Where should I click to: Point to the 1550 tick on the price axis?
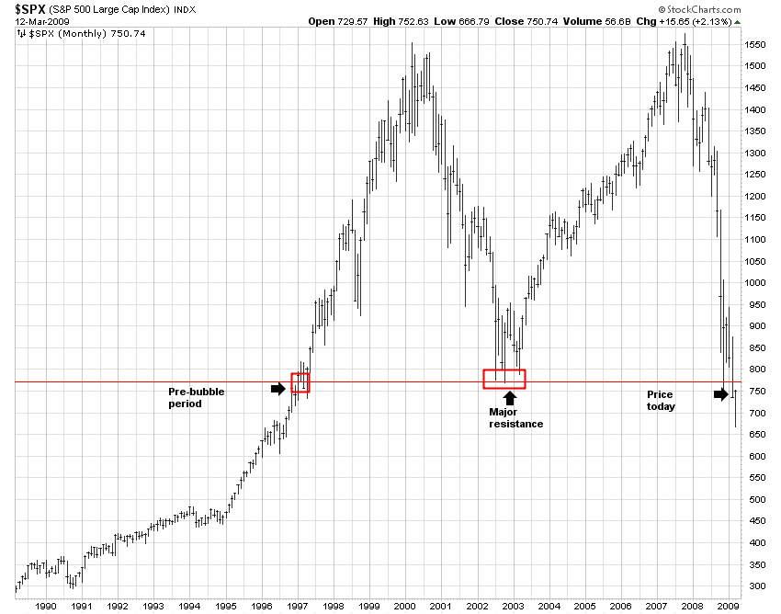(755, 44)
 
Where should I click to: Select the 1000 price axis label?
(755, 283)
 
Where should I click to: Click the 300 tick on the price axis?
(753, 586)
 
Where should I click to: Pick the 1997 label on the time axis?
(298, 606)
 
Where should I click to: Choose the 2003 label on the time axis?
(513, 606)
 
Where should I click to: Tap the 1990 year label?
(47, 606)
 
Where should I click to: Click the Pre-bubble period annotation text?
(196, 398)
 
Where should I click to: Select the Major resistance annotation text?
(515, 418)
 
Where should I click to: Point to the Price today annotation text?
(661, 401)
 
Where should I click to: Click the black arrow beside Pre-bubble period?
(278, 389)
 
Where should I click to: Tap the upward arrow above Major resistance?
(510, 398)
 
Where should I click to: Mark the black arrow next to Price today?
(721, 394)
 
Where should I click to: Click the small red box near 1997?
(300, 383)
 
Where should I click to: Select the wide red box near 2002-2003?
(504, 379)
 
